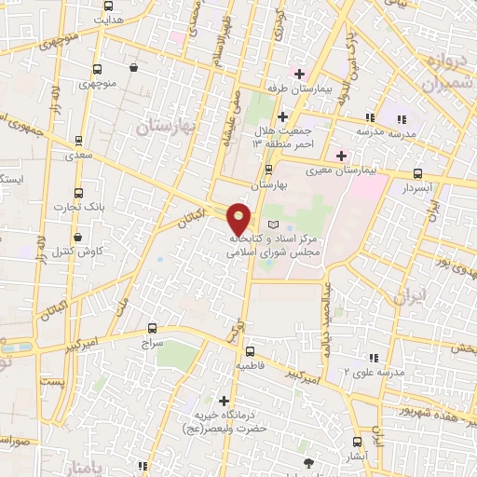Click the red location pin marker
pyautogui.click(x=239, y=218)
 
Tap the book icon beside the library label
pyautogui.click(x=273, y=226)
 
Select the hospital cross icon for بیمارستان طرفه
pyautogui.click(x=299, y=74)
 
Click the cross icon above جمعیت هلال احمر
pyautogui.click(x=282, y=116)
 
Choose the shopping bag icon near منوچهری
pyautogui.click(x=134, y=67)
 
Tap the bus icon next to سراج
pyautogui.click(x=154, y=329)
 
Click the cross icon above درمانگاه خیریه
pyautogui.click(x=223, y=400)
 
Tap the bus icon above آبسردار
pyautogui.click(x=418, y=173)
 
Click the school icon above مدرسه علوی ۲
pyautogui.click(x=373, y=358)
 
